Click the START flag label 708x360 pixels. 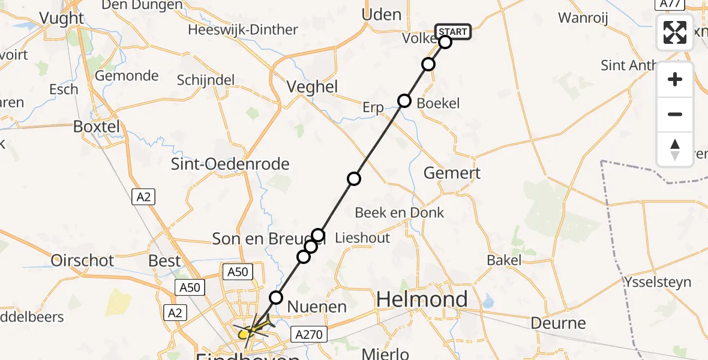pyautogui.click(x=453, y=32)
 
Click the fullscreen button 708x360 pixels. pyautogui.click(x=675, y=32)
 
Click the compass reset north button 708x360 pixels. pyautogui.click(x=675, y=149)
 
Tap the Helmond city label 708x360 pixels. pyautogui.click(x=422, y=299)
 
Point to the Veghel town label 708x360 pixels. pyautogui.click(x=312, y=86)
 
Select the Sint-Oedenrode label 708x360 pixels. pyautogui.click(x=230, y=164)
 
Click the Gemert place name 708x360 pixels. pyautogui.click(x=452, y=173)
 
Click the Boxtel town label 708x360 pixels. pyautogui.click(x=96, y=127)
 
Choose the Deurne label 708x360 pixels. pyautogui.click(x=559, y=323)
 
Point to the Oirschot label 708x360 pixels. pyautogui.click(x=83, y=260)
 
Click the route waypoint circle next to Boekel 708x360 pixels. pyautogui.click(x=404, y=101)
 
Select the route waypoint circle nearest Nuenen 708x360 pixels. pyautogui.click(x=275, y=297)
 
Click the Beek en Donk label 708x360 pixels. pyautogui.click(x=399, y=212)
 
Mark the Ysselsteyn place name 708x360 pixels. pyautogui.click(x=658, y=282)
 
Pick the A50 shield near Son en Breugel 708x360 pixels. pyautogui.click(x=236, y=272)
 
